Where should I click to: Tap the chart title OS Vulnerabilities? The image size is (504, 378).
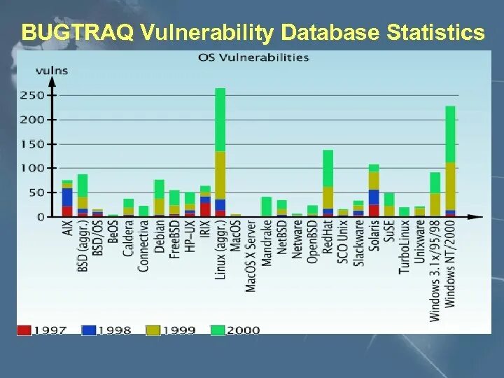point(253,57)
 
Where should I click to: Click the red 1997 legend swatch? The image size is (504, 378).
point(24,329)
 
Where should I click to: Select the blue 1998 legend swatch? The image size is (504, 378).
point(90,329)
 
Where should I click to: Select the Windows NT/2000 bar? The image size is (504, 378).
point(450,161)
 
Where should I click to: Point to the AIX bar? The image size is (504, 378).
point(67,199)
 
